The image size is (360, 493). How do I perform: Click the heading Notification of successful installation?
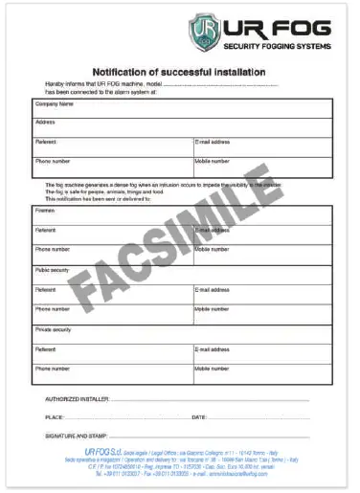(x=179, y=72)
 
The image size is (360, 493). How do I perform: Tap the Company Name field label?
(x=55, y=103)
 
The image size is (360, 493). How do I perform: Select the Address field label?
(x=45, y=123)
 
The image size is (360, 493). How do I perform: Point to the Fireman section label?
(x=45, y=208)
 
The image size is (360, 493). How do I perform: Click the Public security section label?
(x=53, y=270)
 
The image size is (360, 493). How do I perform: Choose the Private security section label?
(x=54, y=329)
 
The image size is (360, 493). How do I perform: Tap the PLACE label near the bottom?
(x=54, y=417)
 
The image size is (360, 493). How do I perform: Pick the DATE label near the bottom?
(x=199, y=417)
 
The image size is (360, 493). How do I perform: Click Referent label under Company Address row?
(x=45, y=142)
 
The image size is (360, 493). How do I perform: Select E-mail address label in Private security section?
(x=212, y=349)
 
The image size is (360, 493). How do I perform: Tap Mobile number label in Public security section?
(x=212, y=309)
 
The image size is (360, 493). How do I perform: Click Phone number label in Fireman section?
(x=52, y=249)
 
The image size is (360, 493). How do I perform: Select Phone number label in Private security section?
(x=52, y=369)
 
